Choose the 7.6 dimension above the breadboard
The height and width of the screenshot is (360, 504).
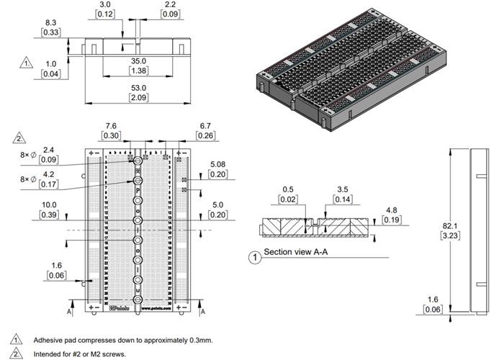click(x=112, y=125)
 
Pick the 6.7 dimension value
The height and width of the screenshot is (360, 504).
click(x=205, y=125)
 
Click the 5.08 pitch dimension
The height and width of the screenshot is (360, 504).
click(x=218, y=163)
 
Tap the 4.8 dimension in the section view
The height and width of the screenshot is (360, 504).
click(x=392, y=210)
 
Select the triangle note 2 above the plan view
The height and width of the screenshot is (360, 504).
click(x=19, y=137)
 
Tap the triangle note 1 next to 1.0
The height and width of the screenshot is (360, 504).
click(x=27, y=63)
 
